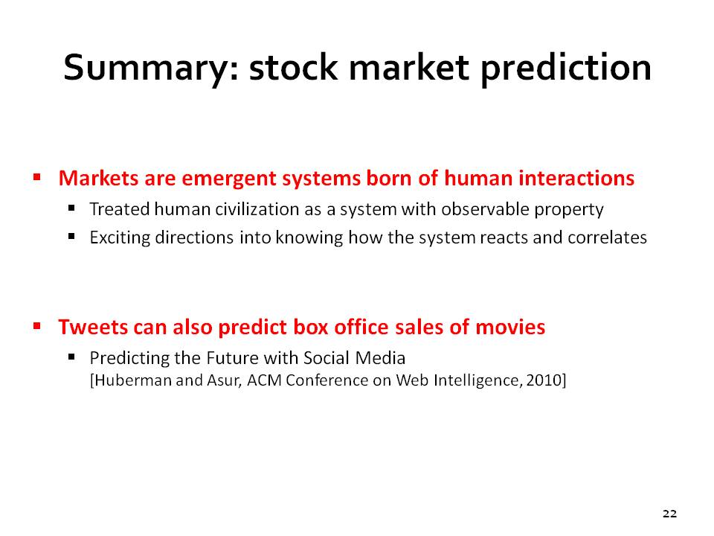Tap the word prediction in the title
[x=566, y=68]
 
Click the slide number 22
[x=669, y=514]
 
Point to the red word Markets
[x=98, y=178]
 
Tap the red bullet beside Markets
[x=37, y=176]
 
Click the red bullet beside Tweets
[x=37, y=325]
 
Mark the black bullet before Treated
[x=71, y=208]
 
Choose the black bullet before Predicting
[x=71, y=357]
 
